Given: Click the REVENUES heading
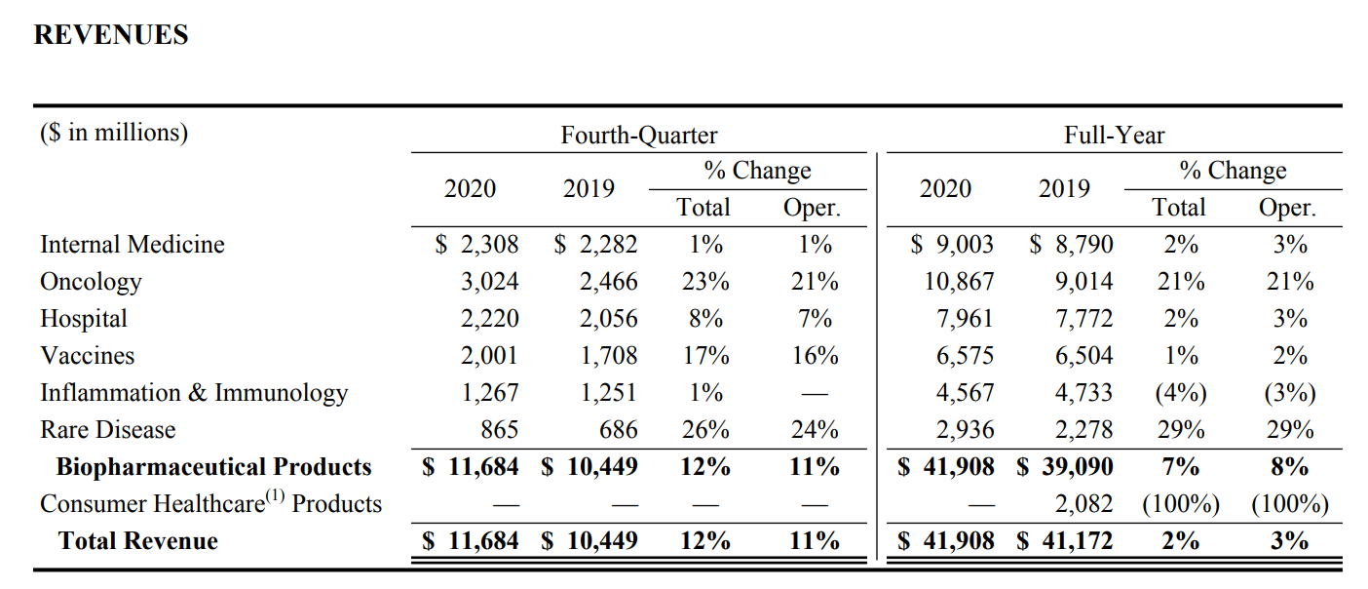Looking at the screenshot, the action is point(111,35).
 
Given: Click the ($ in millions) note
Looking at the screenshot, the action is point(114,133).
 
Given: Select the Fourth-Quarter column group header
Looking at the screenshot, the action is point(639,135).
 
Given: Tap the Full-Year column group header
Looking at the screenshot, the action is point(1114,135).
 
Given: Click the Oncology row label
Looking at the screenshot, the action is point(91,282).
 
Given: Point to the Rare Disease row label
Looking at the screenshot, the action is point(108,429).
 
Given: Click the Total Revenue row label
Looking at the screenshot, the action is point(138,541).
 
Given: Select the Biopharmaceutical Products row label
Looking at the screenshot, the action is point(213,467).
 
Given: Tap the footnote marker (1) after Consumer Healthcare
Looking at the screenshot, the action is point(275,495).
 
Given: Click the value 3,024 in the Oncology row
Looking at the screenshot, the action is point(489,282).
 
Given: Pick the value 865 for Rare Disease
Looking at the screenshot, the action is point(499,429).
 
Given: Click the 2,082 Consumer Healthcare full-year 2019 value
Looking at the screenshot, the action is point(1084,504).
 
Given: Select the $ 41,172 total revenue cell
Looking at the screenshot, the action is point(1064,541).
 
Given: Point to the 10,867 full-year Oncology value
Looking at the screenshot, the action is point(959,282).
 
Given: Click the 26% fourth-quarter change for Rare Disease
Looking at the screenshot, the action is point(705,429).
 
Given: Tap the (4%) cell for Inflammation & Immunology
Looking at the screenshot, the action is point(1181,393).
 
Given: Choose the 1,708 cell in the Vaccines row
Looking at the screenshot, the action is point(608,356).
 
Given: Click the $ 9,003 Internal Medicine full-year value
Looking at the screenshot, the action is point(952,245).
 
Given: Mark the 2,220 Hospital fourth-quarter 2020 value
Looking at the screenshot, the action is point(489,319).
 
